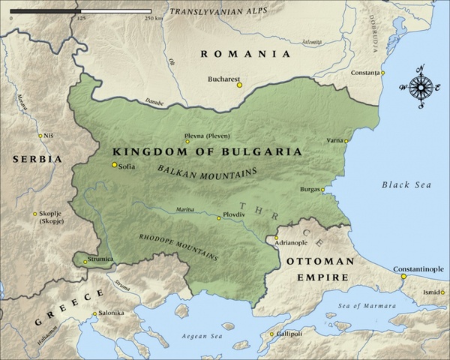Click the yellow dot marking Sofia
[114, 165]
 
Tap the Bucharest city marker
[240, 85]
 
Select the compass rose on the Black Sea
[421, 88]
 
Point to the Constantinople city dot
[403, 276]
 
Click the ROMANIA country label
[244, 54]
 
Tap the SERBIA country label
[37, 160]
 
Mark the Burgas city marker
[323, 190]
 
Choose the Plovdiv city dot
[219, 218]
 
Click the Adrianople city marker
[276, 238]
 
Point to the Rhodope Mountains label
[178, 246]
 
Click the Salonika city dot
[94, 313]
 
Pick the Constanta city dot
[382, 73]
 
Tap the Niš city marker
[40, 136]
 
